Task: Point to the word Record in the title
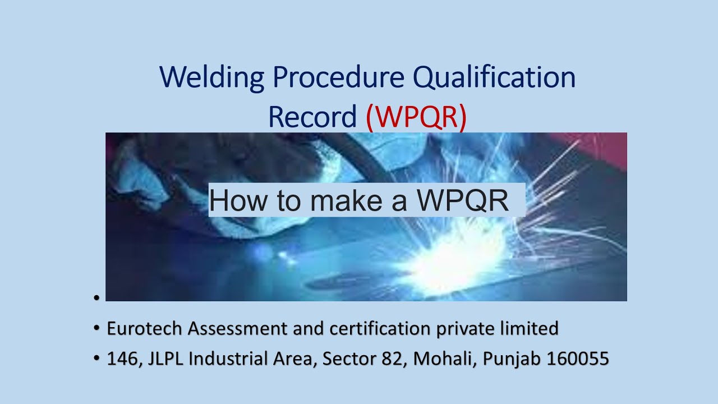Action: (x=312, y=116)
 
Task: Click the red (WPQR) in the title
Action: (x=416, y=116)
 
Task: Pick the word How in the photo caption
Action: (x=238, y=200)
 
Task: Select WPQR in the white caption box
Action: (x=462, y=200)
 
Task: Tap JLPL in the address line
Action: (x=165, y=359)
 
